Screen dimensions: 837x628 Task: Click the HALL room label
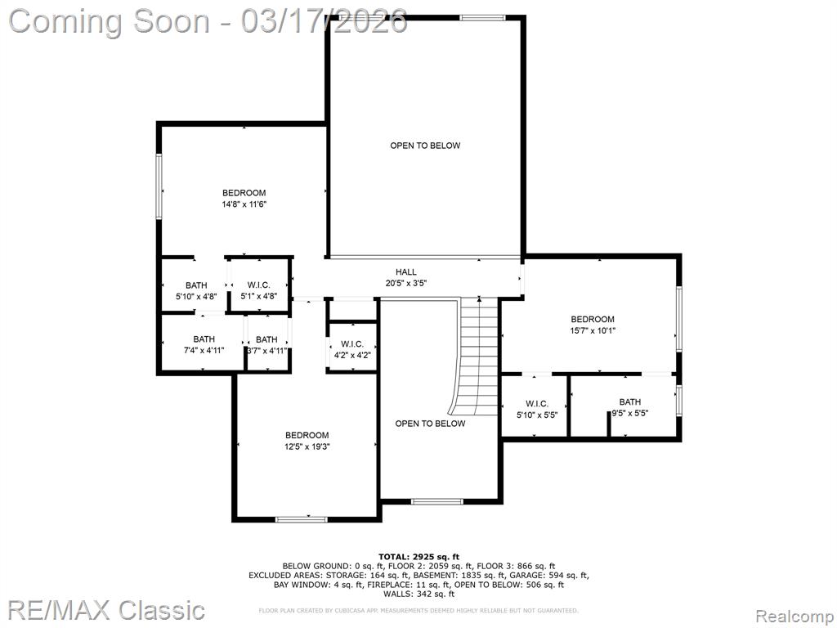coord(405,272)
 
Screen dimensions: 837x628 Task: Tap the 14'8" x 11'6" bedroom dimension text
coord(244,204)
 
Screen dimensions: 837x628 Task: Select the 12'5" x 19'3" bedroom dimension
coord(307,446)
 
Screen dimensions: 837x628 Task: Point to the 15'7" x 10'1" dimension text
coord(593,330)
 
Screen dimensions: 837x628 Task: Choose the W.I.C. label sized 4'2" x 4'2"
coord(352,344)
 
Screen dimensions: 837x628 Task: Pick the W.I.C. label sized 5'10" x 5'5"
coord(536,404)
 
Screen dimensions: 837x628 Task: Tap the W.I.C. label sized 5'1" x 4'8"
coord(259,285)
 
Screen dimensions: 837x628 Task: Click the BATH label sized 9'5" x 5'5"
coord(630,402)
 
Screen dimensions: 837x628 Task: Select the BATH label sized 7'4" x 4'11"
coord(204,339)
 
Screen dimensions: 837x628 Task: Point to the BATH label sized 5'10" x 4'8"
coord(196,285)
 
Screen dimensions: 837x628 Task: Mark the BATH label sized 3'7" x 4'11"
coord(266,339)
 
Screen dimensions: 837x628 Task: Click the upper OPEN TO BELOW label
coord(425,146)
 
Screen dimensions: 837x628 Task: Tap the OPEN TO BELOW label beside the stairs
coord(430,424)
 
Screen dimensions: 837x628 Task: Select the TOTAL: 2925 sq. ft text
coord(419,557)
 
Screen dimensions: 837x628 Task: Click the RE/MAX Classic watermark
coord(107,610)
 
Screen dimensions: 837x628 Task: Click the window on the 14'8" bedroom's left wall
coord(159,186)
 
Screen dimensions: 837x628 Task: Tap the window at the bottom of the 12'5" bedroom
coord(301,518)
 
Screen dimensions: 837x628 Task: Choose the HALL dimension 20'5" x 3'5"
coord(406,284)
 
